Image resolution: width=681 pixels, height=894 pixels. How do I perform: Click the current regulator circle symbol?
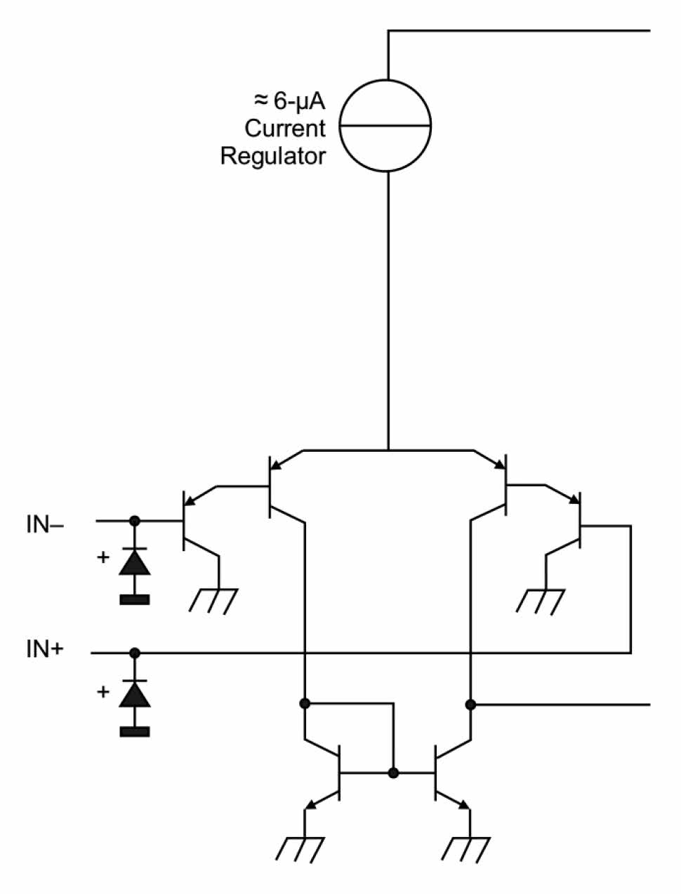click(x=385, y=126)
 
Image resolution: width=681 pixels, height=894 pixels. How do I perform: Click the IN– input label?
click(x=45, y=524)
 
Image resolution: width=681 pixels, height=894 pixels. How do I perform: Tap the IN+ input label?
click(x=45, y=649)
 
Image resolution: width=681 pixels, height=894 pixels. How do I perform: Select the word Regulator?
click(x=273, y=156)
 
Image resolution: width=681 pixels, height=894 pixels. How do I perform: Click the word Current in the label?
click(x=285, y=129)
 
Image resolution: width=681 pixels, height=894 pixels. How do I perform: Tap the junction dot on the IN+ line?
click(x=135, y=653)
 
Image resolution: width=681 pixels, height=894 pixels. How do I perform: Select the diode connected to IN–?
click(x=134, y=562)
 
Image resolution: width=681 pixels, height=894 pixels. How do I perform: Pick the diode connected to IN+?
click(x=134, y=694)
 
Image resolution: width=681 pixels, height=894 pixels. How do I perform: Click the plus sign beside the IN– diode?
click(x=103, y=558)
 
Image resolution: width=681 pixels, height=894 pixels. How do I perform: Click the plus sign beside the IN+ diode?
click(x=103, y=692)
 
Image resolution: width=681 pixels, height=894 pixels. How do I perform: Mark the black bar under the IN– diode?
click(x=134, y=600)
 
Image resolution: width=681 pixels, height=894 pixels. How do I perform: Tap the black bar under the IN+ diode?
click(x=134, y=732)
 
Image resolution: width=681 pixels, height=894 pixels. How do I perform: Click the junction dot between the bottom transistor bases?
click(x=393, y=773)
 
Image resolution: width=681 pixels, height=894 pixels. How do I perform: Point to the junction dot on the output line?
click(x=470, y=704)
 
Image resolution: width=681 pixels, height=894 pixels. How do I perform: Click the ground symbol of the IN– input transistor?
click(x=215, y=600)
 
